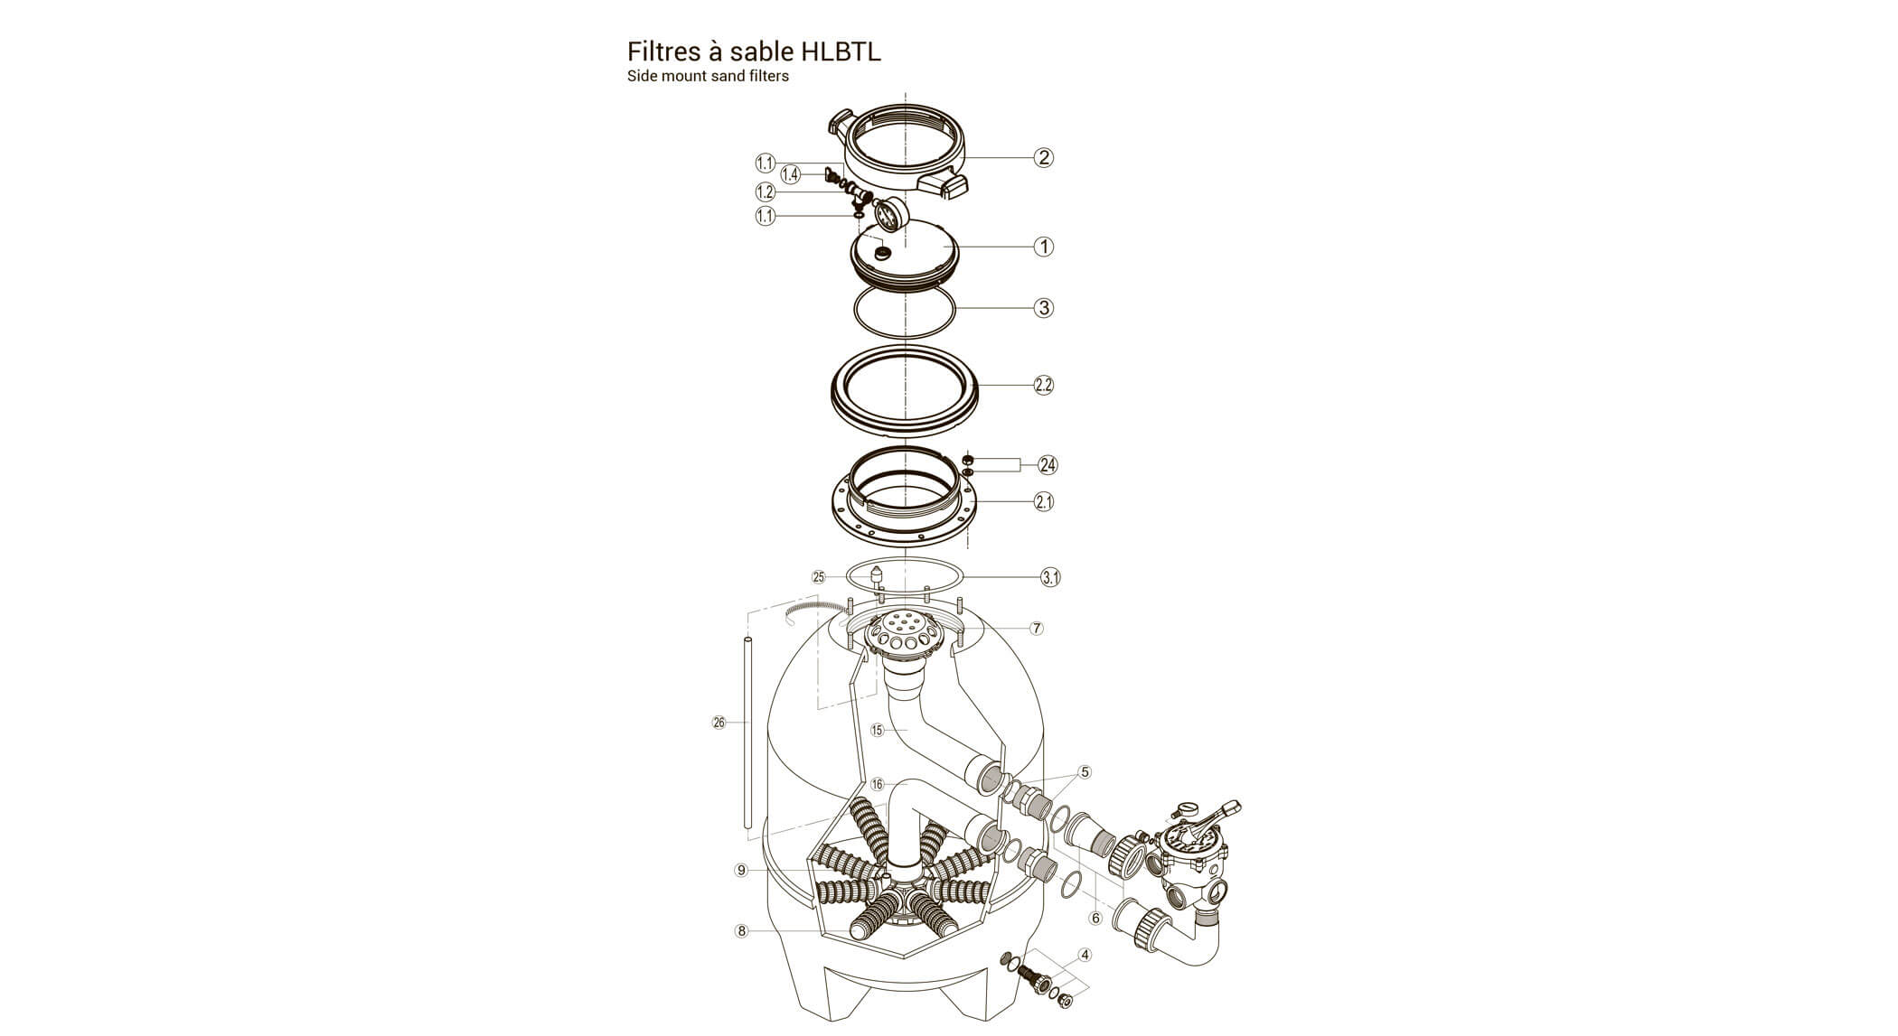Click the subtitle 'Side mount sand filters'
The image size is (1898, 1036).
point(708,77)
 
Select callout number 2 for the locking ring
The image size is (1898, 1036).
point(1044,157)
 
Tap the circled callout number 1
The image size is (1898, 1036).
point(1044,247)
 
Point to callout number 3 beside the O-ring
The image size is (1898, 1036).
point(1044,308)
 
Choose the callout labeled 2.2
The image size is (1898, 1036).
point(1044,385)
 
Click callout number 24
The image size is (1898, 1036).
point(1048,465)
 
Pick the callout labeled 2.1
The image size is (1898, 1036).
point(1044,501)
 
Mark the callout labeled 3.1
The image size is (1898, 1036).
point(1050,577)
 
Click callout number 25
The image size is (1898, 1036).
point(819,576)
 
